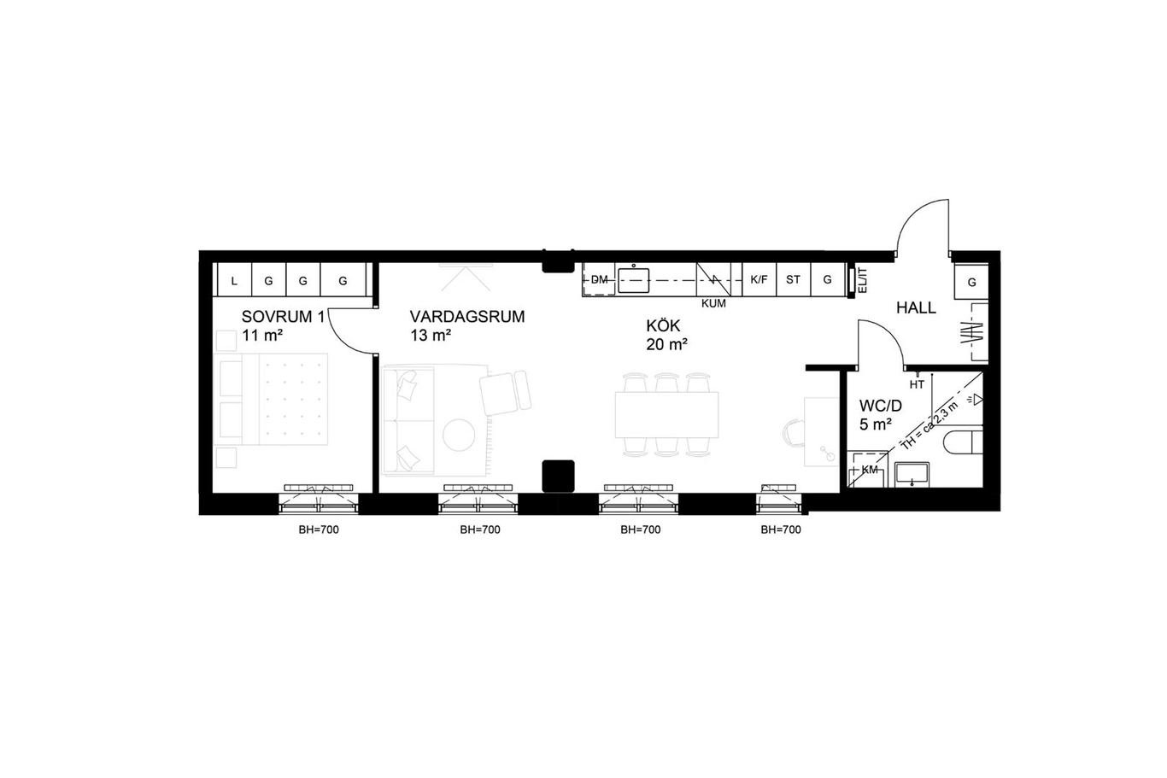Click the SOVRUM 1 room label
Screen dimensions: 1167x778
pyautogui.click(x=283, y=317)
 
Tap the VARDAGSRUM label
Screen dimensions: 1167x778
pyautogui.click(x=467, y=317)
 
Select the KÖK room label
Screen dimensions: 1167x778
pyautogui.click(x=663, y=325)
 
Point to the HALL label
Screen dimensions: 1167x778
pyautogui.click(x=916, y=307)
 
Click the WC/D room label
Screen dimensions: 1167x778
pyautogui.click(x=881, y=406)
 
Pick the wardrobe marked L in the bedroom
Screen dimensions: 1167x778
pyautogui.click(x=234, y=280)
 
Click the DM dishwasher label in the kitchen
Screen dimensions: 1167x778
pyautogui.click(x=599, y=279)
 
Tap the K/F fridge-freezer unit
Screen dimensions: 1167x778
pyautogui.click(x=759, y=279)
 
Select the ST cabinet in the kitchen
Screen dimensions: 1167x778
pyautogui.click(x=794, y=279)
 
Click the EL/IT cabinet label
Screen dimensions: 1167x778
pyautogui.click(x=862, y=280)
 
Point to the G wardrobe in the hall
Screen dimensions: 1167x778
pyautogui.click(x=971, y=282)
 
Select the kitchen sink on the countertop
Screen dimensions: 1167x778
pyautogui.click(x=634, y=279)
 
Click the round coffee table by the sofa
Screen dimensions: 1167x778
pyautogui.click(x=459, y=435)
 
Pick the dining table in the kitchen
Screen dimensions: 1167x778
pyautogui.click(x=667, y=415)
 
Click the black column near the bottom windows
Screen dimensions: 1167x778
pyautogui.click(x=559, y=476)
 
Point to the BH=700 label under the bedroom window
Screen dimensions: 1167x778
pyautogui.click(x=319, y=529)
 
